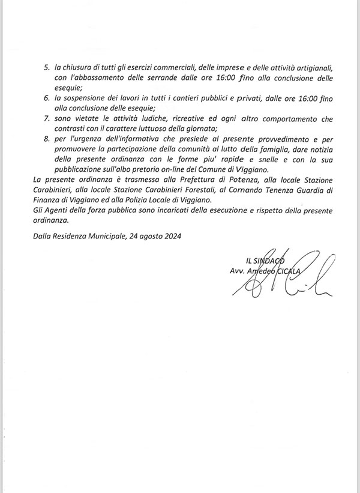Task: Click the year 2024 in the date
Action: [x=170, y=237]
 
